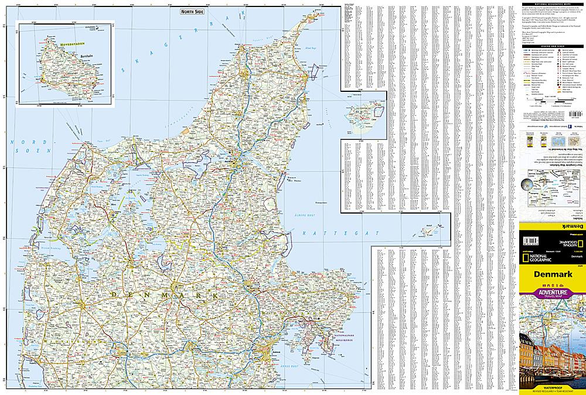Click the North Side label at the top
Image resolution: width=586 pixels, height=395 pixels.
pos(192,11)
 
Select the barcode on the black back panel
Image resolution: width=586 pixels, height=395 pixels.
pos(530,241)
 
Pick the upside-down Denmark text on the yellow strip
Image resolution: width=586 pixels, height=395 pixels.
pos(551,225)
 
